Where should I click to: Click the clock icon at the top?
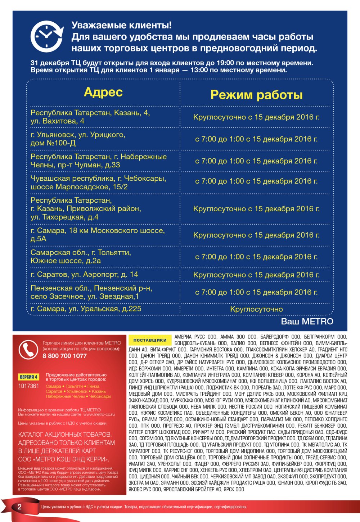coord(46,36)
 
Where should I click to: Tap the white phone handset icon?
coord(28,350)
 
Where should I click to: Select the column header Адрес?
coord(103,92)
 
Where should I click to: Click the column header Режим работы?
coord(256,95)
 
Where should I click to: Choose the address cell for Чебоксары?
coord(98,183)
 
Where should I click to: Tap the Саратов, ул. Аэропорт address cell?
coord(84,275)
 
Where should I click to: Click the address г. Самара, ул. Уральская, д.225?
coord(86,309)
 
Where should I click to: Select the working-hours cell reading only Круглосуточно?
coord(256,309)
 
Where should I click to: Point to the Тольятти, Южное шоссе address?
coord(81,257)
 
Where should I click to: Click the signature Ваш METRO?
coord(307,321)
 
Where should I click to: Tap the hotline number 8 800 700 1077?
coord(64,356)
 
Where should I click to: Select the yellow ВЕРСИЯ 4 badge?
coord(28,377)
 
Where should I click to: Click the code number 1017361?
coord(28,386)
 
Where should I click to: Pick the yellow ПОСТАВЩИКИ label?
coord(150,340)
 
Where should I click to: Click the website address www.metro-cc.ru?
coord(99,414)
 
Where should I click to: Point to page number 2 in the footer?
coord(19,507)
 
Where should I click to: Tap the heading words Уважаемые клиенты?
coord(122,25)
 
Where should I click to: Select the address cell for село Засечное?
coord(91,292)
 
